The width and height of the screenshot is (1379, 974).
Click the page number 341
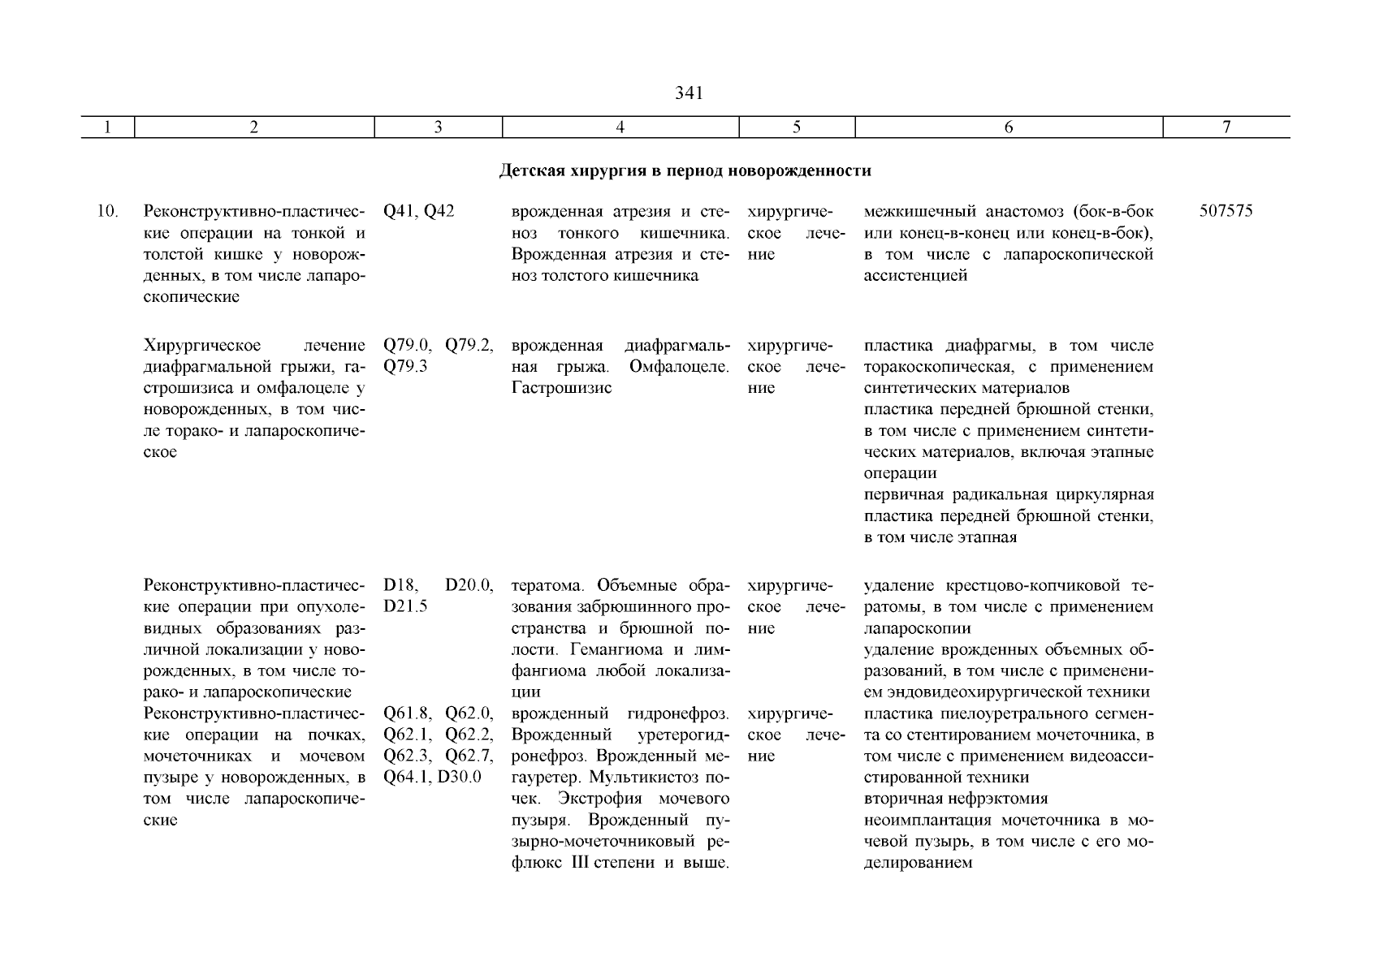pyautogui.click(x=689, y=93)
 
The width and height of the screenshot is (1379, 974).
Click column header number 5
pyautogui.click(x=796, y=127)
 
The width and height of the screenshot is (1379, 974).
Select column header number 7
pyautogui.click(x=1226, y=127)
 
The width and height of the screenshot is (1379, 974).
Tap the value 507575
pyautogui.click(x=1226, y=211)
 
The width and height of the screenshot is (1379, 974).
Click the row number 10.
pyautogui.click(x=107, y=211)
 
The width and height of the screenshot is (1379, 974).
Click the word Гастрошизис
pyautogui.click(x=561, y=388)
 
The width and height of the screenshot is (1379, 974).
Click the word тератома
pyautogui.click(x=549, y=585)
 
